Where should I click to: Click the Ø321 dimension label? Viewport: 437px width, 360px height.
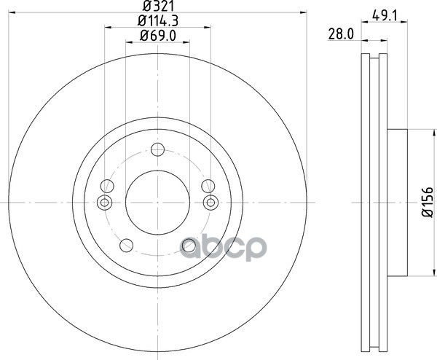pos(158,5)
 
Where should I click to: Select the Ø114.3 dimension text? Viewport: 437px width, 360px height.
pos(158,21)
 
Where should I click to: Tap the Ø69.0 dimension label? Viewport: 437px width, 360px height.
pos(158,36)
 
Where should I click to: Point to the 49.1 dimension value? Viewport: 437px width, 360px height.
pos(385,15)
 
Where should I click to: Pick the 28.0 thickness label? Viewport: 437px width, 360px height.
pos(341,35)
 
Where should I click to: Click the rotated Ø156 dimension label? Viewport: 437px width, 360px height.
pos(428,202)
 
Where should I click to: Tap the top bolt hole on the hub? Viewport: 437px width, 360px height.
pos(158,149)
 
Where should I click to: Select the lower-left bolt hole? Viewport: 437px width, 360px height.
pos(126,246)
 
